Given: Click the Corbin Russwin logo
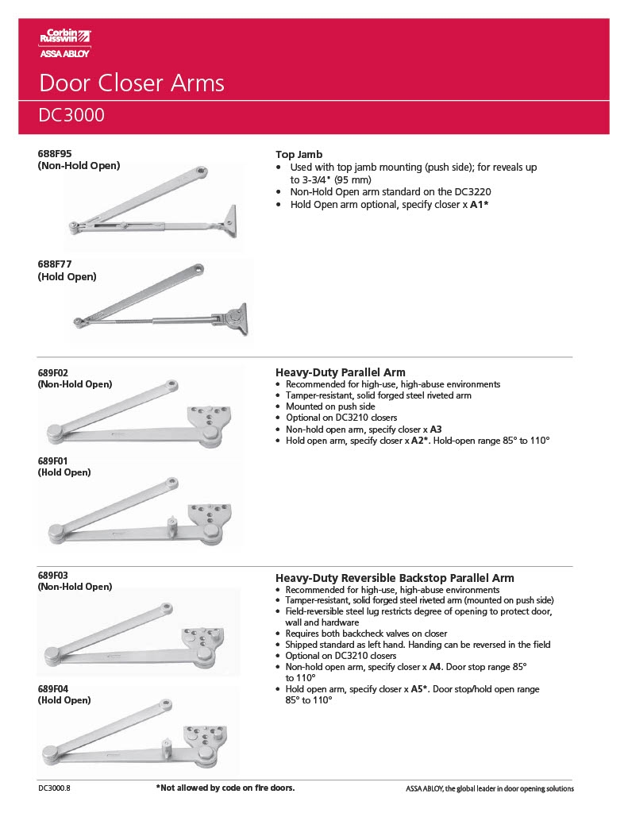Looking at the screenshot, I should (x=65, y=42).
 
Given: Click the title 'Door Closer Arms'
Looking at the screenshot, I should (x=132, y=83).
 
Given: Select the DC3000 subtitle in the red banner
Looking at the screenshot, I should (x=71, y=116).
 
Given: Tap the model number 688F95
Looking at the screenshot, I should (x=55, y=154).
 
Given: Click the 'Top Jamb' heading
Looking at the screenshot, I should (x=299, y=155).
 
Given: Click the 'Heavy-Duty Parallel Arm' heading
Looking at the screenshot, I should (x=340, y=372).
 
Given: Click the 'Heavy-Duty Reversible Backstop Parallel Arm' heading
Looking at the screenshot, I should (x=394, y=578).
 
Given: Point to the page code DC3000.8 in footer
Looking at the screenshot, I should (x=60, y=788).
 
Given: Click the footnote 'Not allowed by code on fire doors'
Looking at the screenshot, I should (x=225, y=788).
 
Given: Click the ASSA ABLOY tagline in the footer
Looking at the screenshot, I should (x=489, y=788).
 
